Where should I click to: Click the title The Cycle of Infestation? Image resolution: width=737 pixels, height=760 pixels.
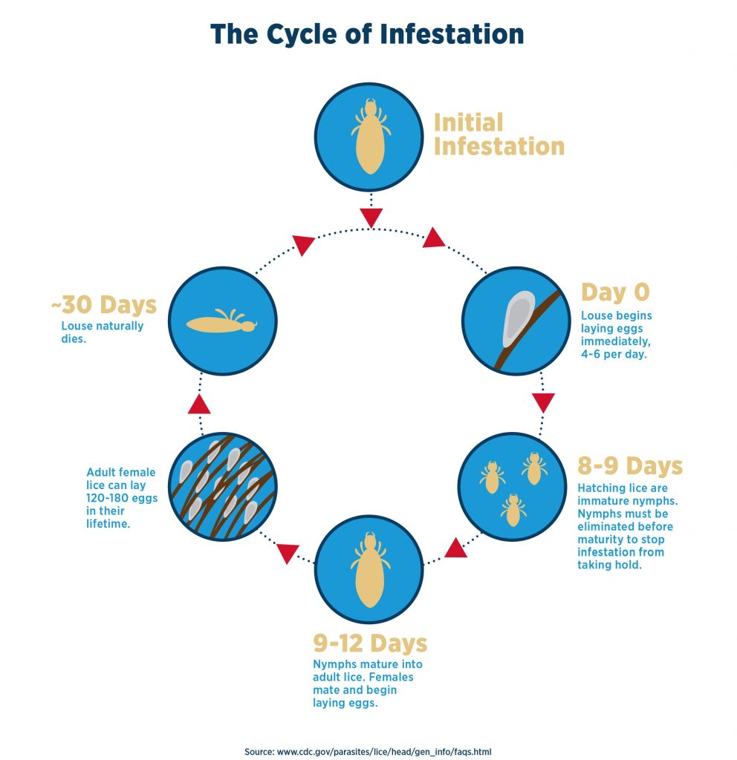click(x=367, y=34)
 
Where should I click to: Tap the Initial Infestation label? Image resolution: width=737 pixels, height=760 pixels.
click(x=499, y=134)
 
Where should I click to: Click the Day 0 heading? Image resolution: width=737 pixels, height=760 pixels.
click(x=614, y=292)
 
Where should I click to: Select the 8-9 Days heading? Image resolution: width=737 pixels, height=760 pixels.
click(x=629, y=466)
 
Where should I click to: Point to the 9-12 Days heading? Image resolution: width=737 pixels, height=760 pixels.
click(x=369, y=642)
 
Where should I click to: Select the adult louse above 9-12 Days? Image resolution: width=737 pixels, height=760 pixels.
click(x=369, y=570)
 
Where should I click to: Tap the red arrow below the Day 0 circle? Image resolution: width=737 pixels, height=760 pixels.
click(x=544, y=402)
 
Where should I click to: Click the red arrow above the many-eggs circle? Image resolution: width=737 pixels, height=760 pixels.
click(x=199, y=404)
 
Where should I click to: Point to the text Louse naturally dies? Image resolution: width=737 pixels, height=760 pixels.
click(x=102, y=332)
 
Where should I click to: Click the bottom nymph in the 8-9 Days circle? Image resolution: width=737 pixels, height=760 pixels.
click(x=512, y=510)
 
